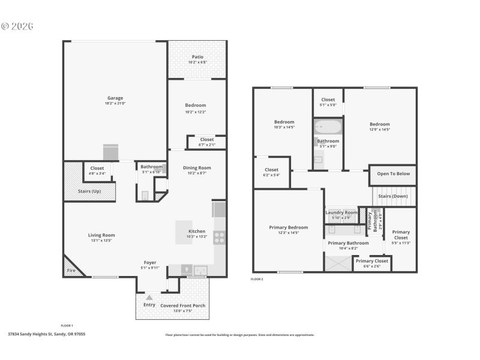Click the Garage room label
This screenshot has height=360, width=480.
pyautogui.click(x=115, y=98)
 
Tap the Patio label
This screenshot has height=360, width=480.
pyautogui.click(x=197, y=57)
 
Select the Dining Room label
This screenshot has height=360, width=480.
pyautogui.click(x=197, y=167)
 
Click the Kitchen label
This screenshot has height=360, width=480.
pyautogui.click(x=197, y=231)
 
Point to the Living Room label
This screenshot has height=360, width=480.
pyautogui.click(x=101, y=235)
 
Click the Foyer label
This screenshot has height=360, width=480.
pyautogui.click(x=149, y=262)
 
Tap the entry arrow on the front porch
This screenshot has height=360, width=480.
pyautogui.click(x=149, y=297)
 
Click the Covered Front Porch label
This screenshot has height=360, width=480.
pyautogui.click(x=183, y=305)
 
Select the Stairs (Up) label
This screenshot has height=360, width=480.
pyautogui.click(x=89, y=191)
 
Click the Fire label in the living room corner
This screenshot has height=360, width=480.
pyautogui.click(x=71, y=271)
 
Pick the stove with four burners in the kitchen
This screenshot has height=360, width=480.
pyautogui.click(x=220, y=238)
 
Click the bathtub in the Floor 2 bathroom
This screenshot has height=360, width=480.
pyautogui.click(x=328, y=127)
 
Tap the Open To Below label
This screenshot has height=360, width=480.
pyautogui.click(x=393, y=174)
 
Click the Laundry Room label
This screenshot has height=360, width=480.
pyautogui.click(x=341, y=212)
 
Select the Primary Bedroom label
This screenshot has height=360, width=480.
pyautogui.click(x=288, y=227)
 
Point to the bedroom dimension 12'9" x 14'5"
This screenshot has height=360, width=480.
pyautogui.click(x=380, y=129)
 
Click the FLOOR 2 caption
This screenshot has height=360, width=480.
pyautogui.click(x=257, y=279)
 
